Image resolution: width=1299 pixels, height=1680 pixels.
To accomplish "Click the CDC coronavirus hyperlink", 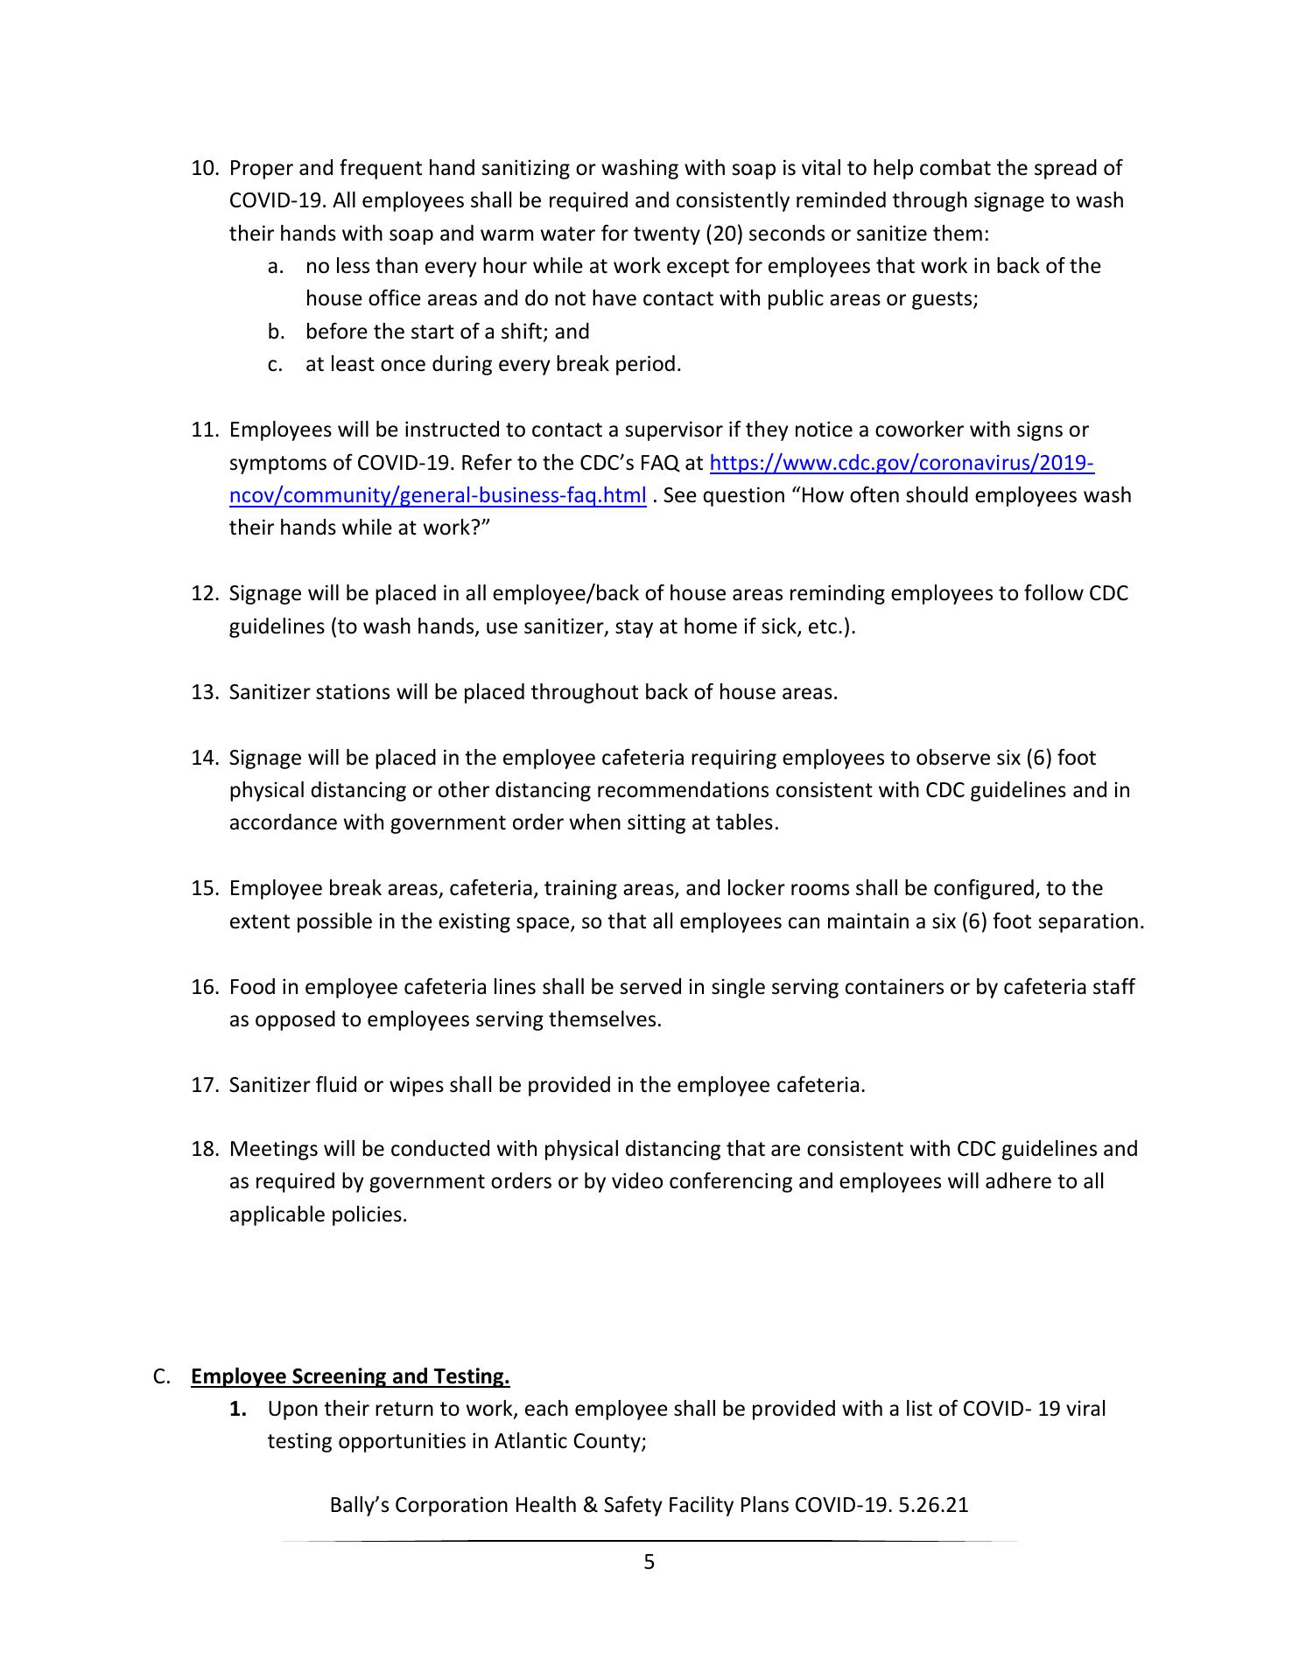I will point(901,463).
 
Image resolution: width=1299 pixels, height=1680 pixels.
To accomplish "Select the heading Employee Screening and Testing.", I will point(350,1376).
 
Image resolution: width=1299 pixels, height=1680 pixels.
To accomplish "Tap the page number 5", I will point(649,1562).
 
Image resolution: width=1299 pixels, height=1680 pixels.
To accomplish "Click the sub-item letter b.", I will point(275,332).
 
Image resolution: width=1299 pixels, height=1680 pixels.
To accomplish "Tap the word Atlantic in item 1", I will point(530,1441).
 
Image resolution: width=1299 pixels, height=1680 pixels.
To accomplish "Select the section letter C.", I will point(160,1376).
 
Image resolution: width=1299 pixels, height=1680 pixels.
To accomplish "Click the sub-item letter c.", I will point(275,364).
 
